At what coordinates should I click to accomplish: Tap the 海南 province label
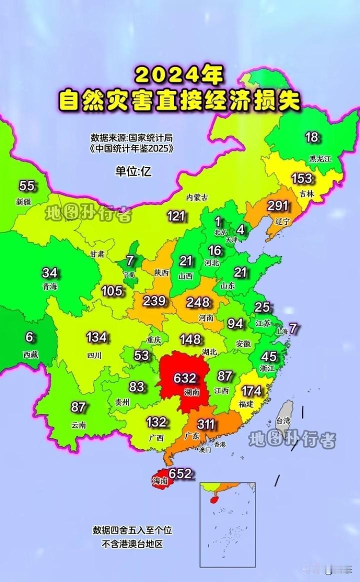pos(160,481)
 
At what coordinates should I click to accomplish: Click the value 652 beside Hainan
pos(180,473)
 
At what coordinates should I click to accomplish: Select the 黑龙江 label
pos(320,158)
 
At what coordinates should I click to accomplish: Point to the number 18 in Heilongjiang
pos(311,137)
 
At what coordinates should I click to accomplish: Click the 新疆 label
pos(23,201)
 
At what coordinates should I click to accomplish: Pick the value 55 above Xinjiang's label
pos(27,186)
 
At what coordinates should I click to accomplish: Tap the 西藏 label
pos(29,354)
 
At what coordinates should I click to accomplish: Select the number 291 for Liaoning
pos(277,206)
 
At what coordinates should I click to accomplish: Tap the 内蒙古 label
pos(196,197)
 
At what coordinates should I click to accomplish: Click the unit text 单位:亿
pos(133,171)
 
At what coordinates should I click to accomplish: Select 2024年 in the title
pos(178,75)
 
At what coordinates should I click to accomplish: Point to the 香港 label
pos(219,444)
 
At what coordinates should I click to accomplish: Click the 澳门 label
pos(204,449)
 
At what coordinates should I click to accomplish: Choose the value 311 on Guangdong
pos(206,425)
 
